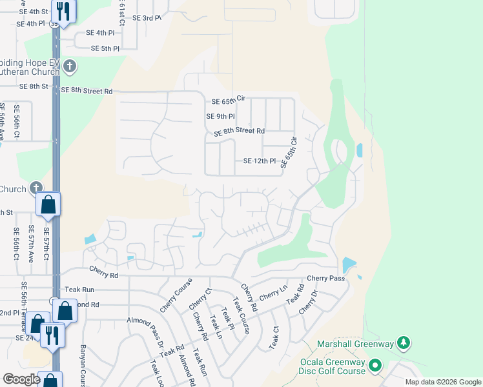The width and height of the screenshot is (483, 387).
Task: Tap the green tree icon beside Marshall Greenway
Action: click(404, 342)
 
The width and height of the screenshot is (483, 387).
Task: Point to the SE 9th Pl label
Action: click(220, 117)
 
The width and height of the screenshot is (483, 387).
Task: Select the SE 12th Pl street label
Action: click(260, 161)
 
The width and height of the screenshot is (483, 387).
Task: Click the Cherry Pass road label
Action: click(326, 279)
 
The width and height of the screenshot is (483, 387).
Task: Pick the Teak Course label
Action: click(241, 317)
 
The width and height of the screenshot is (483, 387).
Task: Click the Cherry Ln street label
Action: click(273, 296)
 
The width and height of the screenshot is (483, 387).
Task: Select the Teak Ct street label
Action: click(274, 338)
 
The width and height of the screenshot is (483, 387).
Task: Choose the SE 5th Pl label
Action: click(105, 48)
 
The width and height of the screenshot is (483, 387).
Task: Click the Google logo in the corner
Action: click(22, 379)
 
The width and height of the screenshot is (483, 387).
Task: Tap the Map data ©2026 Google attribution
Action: click(442, 382)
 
